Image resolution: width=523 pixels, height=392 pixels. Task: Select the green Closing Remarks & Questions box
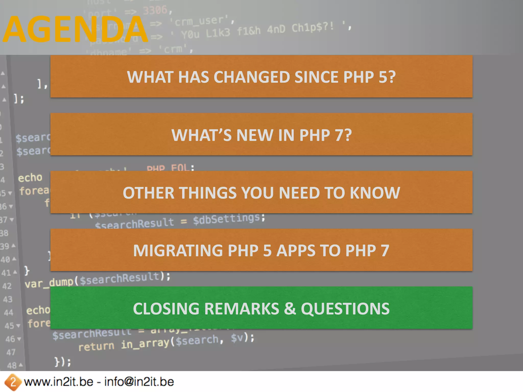pyautogui.click(x=261, y=308)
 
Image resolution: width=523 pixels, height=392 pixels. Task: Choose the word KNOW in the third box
pyautogui.click(x=375, y=193)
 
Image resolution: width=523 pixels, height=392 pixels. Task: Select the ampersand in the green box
pyautogui.click(x=290, y=308)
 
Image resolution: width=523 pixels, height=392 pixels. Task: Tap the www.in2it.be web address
pyautogui.click(x=58, y=382)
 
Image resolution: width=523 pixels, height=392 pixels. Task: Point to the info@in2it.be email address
pyautogui.click(x=139, y=382)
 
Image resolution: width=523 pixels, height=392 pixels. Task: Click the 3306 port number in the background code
pyautogui.click(x=155, y=10)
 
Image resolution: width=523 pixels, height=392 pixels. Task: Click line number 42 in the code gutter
pyautogui.click(x=7, y=286)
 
